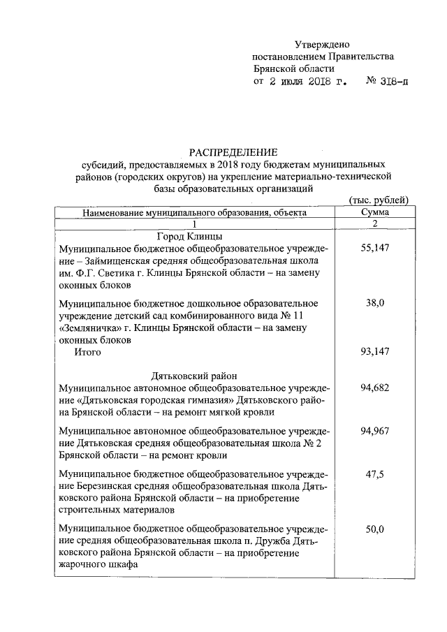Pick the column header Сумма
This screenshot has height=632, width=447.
coord(375,212)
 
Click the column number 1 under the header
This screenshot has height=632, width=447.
coord(195,223)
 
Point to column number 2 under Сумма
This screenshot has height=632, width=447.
coord(375,223)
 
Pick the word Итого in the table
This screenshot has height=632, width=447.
coord(88,353)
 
